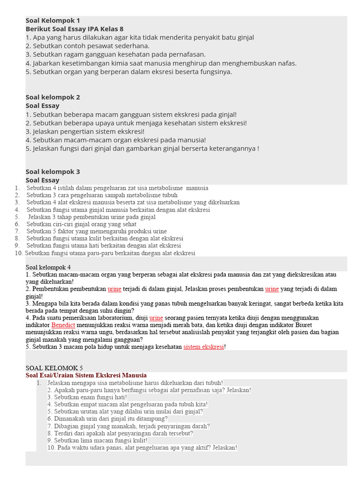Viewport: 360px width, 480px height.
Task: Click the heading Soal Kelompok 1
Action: tap(52, 21)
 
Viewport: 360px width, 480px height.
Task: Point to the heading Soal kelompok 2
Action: tap(52, 97)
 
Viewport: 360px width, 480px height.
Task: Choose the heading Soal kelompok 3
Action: tap(52, 172)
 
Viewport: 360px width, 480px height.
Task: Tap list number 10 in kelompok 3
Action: tap(19, 253)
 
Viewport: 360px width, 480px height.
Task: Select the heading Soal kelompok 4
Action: tap(48, 267)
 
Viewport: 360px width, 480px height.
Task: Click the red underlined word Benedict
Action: tap(63, 325)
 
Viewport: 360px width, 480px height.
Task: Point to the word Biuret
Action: tap(303, 325)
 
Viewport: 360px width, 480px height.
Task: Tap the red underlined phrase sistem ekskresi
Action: tap(204, 347)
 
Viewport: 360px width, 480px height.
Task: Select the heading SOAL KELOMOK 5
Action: tap(54, 368)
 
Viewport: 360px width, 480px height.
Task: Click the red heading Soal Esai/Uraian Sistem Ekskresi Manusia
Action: tap(86, 375)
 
